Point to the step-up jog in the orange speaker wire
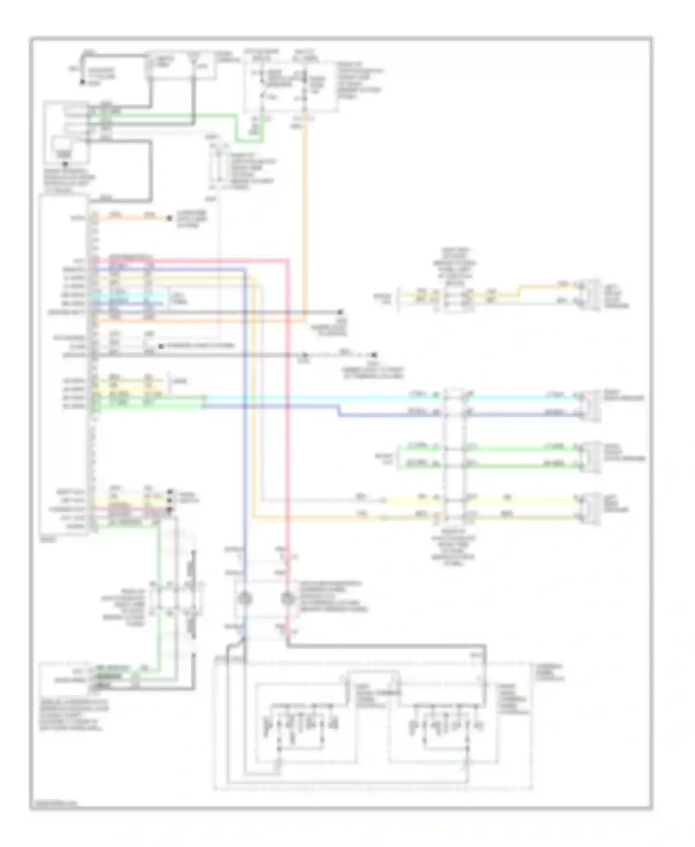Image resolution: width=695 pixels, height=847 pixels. [x=519, y=291]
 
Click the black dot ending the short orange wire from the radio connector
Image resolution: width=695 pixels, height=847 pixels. [x=170, y=218]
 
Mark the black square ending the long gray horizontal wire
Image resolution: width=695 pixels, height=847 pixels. [x=340, y=312]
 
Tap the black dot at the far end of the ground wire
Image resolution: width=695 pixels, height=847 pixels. [x=374, y=355]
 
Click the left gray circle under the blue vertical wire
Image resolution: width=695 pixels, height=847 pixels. [x=245, y=599]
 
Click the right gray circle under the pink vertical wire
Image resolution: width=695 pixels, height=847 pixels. [x=288, y=599]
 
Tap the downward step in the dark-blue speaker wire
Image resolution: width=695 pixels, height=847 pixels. [x=339, y=411]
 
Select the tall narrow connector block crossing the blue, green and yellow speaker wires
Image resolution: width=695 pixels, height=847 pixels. [x=455, y=456]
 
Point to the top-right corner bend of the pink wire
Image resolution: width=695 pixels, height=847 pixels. [x=288, y=261]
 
